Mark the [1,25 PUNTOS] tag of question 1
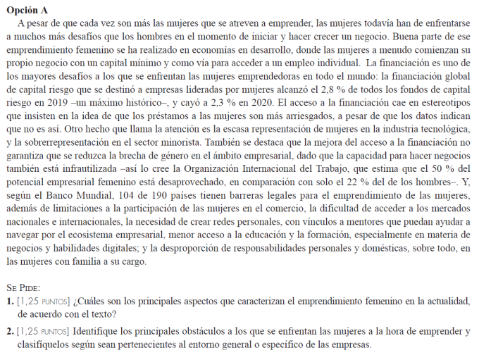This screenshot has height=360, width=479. point(43,302)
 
